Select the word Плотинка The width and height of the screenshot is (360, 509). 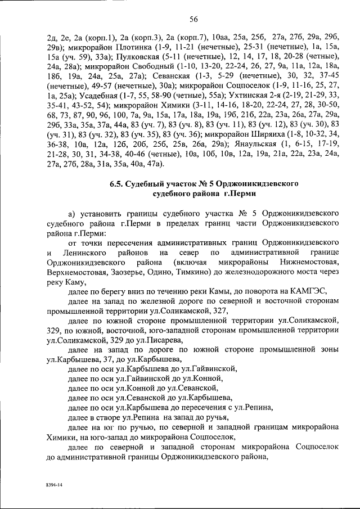121,48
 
